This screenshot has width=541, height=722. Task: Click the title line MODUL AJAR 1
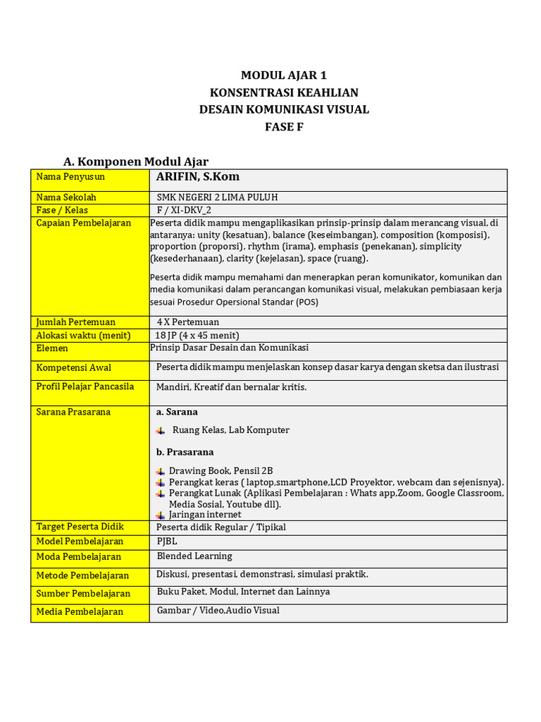click(284, 75)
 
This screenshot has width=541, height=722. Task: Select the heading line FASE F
click(284, 127)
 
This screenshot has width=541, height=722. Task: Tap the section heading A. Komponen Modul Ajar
click(136, 161)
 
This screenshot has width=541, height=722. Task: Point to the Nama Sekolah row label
click(66, 197)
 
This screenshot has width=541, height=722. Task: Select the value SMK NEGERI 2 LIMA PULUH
click(222, 197)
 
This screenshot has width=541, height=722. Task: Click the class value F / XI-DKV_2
click(184, 210)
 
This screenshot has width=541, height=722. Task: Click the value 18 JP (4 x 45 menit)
click(197, 336)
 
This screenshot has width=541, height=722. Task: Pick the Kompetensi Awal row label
click(73, 368)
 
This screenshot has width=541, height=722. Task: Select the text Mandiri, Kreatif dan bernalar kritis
click(231, 387)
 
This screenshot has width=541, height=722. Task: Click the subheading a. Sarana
click(177, 412)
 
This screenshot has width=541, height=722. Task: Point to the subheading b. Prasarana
click(185, 452)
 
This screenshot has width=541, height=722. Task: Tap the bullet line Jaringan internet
click(205, 515)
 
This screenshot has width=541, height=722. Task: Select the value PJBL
click(167, 541)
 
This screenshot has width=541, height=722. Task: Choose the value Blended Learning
click(194, 557)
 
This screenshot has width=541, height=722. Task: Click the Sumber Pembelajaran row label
click(83, 594)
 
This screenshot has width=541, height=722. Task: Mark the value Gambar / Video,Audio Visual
click(218, 611)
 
